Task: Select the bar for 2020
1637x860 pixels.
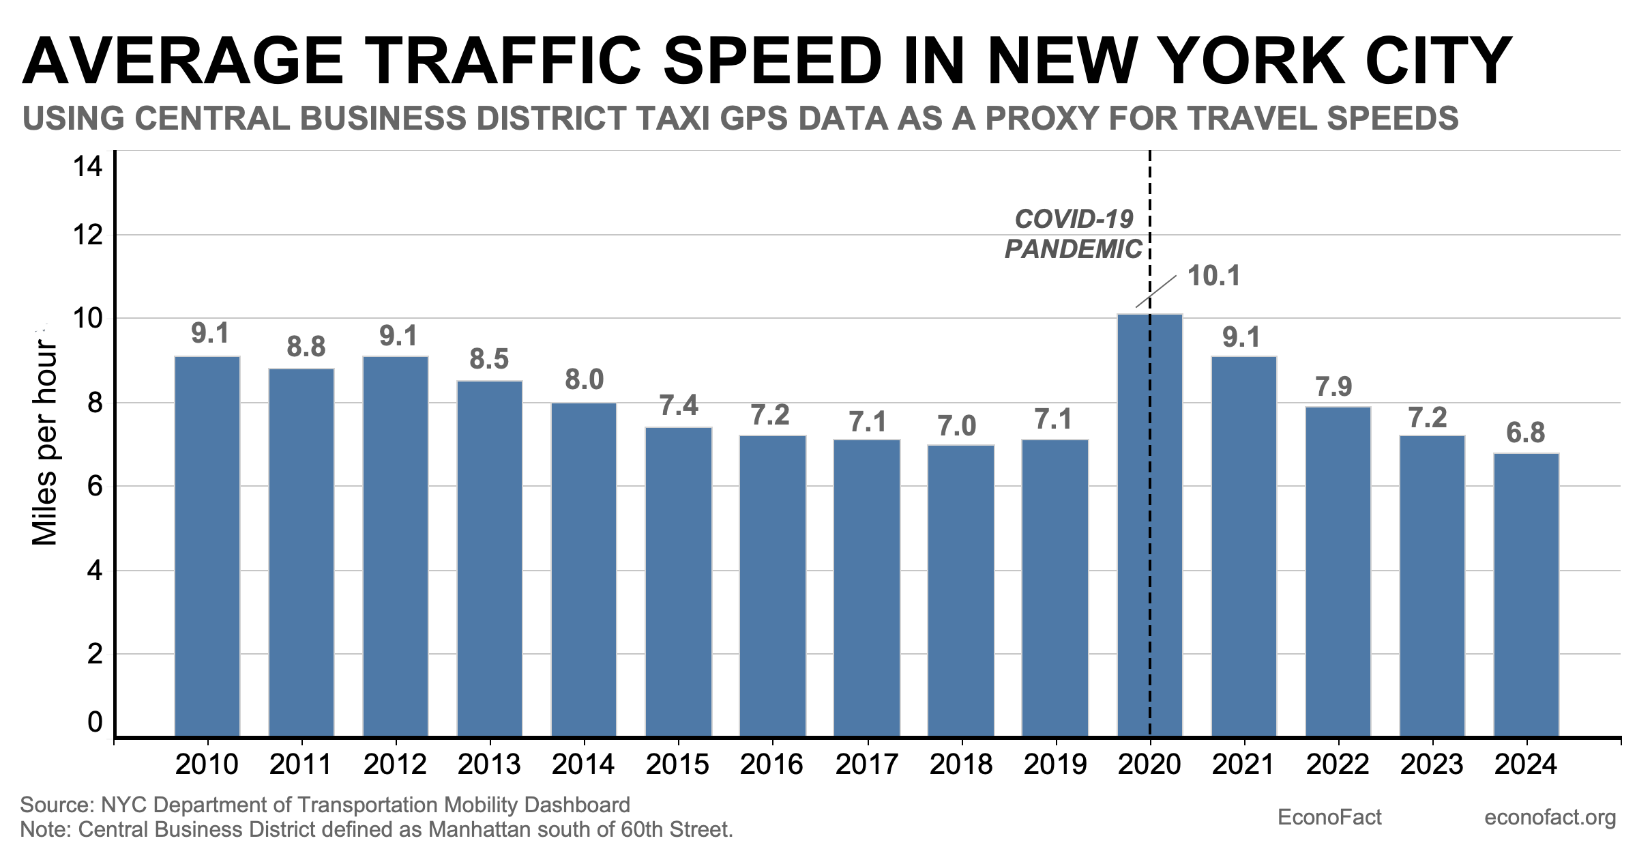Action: pyautogui.click(x=1150, y=526)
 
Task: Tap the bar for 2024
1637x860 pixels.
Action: pyautogui.click(x=1526, y=594)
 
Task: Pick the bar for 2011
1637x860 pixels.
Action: pyautogui.click(x=301, y=552)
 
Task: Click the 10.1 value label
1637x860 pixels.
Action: pyautogui.click(x=1213, y=276)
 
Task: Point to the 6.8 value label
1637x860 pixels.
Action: pyautogui.click(x=1525, y=433)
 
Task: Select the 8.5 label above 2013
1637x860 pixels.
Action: pyautogui.click(x=489, y=359)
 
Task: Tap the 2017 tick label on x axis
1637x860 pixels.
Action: pyautogui.click(x=867, y=764)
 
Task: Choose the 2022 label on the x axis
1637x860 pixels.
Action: pyautogui.click(x=1338, y=764)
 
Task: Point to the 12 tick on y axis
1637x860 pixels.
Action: pyautogui.click(x=88, y=235)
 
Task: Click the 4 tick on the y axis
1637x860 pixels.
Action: pyautogui.click(x=95, y=571)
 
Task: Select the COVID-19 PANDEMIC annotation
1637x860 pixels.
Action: pyautogui.click(x=1074, y=234)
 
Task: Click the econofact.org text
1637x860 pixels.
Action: pyautogui.click(x=1550, y=817)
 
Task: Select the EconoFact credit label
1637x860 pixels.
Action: pyautogui.click(x=1329, y=817)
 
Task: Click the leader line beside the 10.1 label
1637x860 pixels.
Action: pyautogui.click(x=1156, y=292)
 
